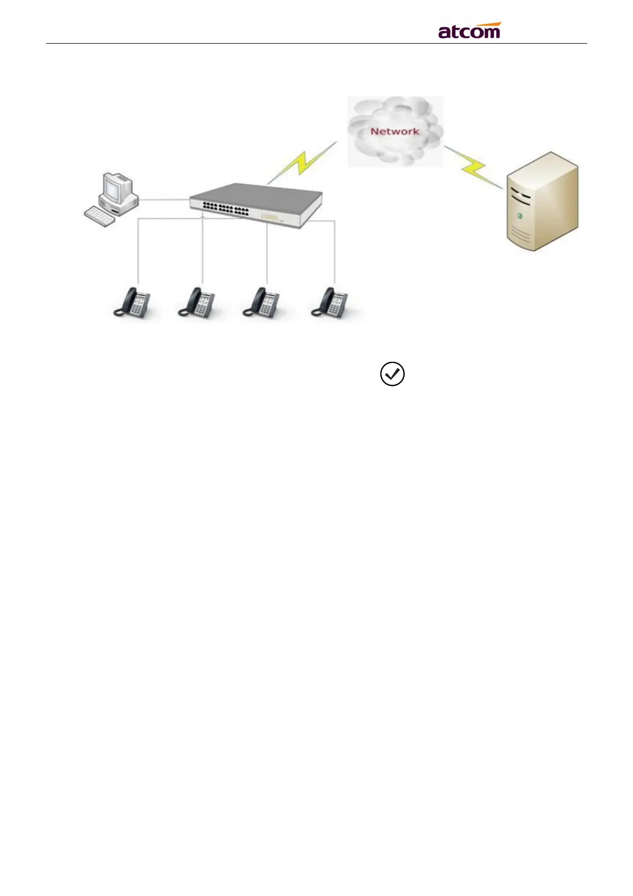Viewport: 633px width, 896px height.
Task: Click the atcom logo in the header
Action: (469, 32)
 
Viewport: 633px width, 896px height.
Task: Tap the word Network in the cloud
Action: (395, 131)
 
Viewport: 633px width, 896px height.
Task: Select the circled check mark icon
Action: (392, 375)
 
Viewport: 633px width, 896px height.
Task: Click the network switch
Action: (257, 205)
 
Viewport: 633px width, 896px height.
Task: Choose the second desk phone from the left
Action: (196, 303)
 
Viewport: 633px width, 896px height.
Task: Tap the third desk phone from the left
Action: (261, 303)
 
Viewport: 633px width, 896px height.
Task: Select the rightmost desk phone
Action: (330, 303)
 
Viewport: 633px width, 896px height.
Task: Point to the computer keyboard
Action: (99, 215)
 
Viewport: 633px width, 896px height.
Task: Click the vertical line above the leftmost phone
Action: (138, 250)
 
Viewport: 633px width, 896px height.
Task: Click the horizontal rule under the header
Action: (316, 44)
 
